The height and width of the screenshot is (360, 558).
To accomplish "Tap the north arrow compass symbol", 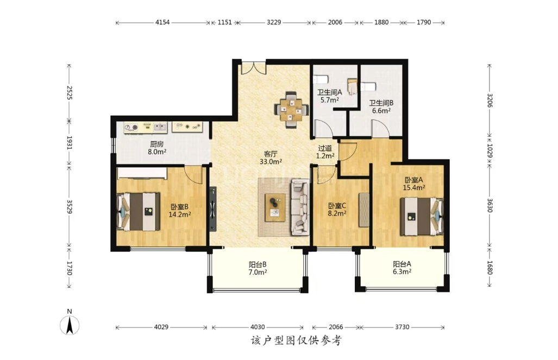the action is pos(70,325).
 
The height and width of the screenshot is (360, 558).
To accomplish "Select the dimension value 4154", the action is pos(162,22).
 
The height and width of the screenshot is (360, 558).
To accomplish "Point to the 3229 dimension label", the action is pos(274,22).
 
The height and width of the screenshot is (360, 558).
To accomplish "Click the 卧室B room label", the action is pos(179,207).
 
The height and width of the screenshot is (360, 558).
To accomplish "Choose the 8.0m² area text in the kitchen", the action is pos(157,151).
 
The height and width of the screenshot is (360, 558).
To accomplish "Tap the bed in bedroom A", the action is pos(422,216).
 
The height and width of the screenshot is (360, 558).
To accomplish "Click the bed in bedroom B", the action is pos(139,212).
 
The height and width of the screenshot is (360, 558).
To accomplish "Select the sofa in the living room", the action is pos(300,207).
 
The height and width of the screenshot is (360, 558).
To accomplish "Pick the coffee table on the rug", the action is pos(275,207).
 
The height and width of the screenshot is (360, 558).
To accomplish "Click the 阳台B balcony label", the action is pos(258,264).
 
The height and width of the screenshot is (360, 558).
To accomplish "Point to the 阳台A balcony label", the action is pos(402,264).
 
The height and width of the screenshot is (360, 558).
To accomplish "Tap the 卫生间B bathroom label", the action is pos(381,103).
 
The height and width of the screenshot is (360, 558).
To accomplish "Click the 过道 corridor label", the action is pos(325,148).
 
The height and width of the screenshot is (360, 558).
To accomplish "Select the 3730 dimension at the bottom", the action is pos(402,327).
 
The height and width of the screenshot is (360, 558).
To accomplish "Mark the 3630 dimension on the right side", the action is pos(490,205).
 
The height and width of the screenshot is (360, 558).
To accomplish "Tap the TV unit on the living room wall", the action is pos(212,209).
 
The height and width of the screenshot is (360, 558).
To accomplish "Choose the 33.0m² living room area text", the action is pos(271,161).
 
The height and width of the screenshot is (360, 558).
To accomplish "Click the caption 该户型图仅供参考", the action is pos(296,341).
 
